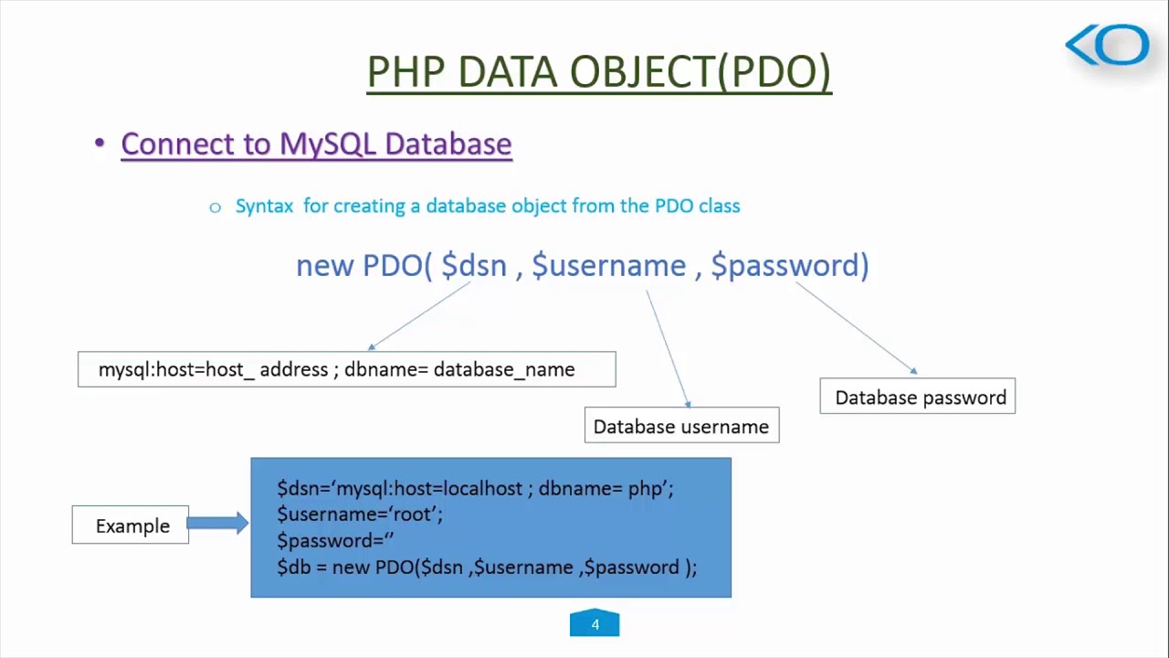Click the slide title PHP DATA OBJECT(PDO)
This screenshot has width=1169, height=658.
click(x=598, y=72)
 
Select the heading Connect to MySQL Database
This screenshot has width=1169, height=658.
click(x=316, y=144)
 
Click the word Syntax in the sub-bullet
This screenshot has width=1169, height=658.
click(x=264, y=207)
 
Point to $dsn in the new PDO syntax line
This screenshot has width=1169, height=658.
click(x=473, y=266)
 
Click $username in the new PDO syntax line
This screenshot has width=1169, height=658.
click(x=608, y=266)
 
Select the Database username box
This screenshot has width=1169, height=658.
click(x=681, y=426)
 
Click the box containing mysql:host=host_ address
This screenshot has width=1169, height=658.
click(x=346, y=369)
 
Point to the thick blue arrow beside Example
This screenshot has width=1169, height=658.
click(x=217, y=523)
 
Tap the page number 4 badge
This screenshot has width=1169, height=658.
click(x=595, y=624)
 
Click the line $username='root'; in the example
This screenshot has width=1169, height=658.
click(x=360, y=515)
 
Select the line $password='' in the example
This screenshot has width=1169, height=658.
click(x=335, y=541)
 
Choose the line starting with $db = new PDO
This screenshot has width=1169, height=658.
click(x=486, y=568)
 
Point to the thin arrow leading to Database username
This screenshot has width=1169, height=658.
click(x=668, y=349)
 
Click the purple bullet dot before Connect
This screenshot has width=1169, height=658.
click(x=100, y=143)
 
